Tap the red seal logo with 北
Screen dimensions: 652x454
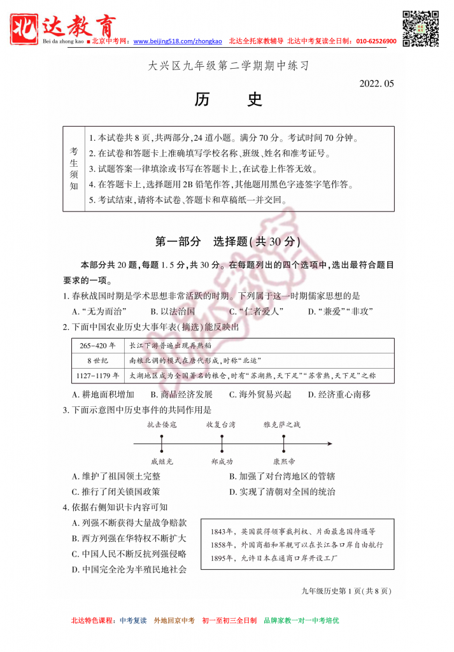click(26, 26)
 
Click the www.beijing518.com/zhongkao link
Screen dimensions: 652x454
click(178, 41)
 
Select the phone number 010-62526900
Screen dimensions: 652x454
click(376, 41)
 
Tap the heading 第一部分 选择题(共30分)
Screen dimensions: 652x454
click(227, 242)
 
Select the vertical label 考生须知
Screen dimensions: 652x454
click(74, 169)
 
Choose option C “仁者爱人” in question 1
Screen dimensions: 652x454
click(256, 311)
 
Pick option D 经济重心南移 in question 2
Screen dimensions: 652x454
click(339, 395)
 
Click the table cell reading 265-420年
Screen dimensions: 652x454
click(98, 346)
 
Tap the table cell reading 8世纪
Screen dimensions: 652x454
click(98, 360)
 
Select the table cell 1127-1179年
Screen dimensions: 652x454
click(98, 376)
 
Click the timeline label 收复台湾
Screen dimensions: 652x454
click(221, 424)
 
